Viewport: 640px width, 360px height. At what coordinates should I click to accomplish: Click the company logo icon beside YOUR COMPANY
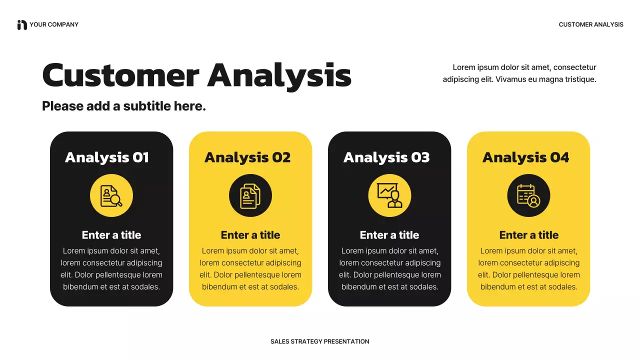[x=22, y=24]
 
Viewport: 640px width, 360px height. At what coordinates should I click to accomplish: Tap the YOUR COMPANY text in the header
[x=54, y=24]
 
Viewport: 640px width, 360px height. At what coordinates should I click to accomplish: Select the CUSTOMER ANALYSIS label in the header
[x=591, y=24]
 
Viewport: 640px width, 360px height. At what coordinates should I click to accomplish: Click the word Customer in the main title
[x=120, y=75]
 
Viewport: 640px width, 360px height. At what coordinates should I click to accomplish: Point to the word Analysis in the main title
[x=279, y=75]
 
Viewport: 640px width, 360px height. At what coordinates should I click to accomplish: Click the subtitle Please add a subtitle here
[x=124, y=106]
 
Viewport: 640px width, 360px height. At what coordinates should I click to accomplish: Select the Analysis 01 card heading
[x=107, y=157]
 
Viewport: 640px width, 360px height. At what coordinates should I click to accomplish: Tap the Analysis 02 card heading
[x=247, y=157]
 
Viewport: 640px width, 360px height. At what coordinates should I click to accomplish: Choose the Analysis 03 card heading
[x=386, y=157]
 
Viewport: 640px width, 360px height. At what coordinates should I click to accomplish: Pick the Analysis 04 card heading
[x=525, y=157]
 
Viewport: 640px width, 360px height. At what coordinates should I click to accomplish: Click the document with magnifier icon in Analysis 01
[x=111, y=195]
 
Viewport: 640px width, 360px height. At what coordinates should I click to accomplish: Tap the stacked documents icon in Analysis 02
[x=250, y=195]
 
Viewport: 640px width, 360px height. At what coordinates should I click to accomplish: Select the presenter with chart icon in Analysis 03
[x=389, y=195]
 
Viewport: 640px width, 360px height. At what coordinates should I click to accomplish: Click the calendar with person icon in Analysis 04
[x=528, y=195]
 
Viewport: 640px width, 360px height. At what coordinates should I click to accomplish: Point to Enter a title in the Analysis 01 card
[x=111, y=235]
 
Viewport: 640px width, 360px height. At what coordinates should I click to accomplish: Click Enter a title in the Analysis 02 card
[x=250, y=235]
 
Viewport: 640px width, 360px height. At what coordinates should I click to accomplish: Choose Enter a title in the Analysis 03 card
[x=389, y=235]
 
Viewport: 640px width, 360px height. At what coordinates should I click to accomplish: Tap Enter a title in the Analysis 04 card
[x=528, y=235]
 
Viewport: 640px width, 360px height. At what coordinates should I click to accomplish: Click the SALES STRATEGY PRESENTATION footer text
[x=320, y=341]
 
